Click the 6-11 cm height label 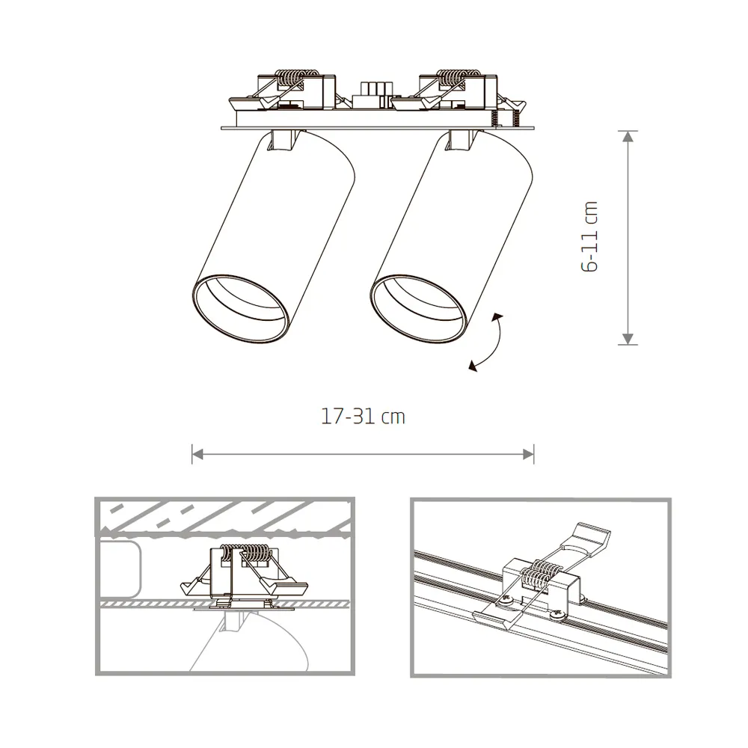[x=591, y=236]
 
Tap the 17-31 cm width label [x=363, y=417]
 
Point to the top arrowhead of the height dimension [x=628, y=136]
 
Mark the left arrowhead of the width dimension [x=197, y=453]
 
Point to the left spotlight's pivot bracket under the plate [x=286, y=140]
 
